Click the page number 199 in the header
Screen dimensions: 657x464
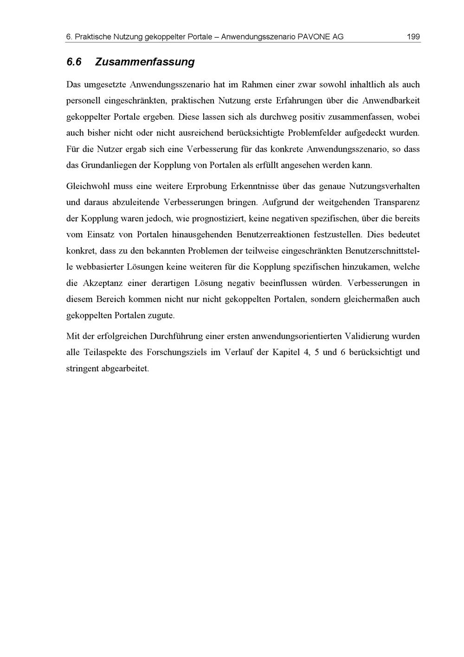tap(413, 36)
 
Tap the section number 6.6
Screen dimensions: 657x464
tap(74, 62)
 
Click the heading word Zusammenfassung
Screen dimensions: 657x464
tap(145, 62)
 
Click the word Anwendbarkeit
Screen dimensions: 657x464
tap(391, 100)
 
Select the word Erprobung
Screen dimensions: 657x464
tap(206, 186)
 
